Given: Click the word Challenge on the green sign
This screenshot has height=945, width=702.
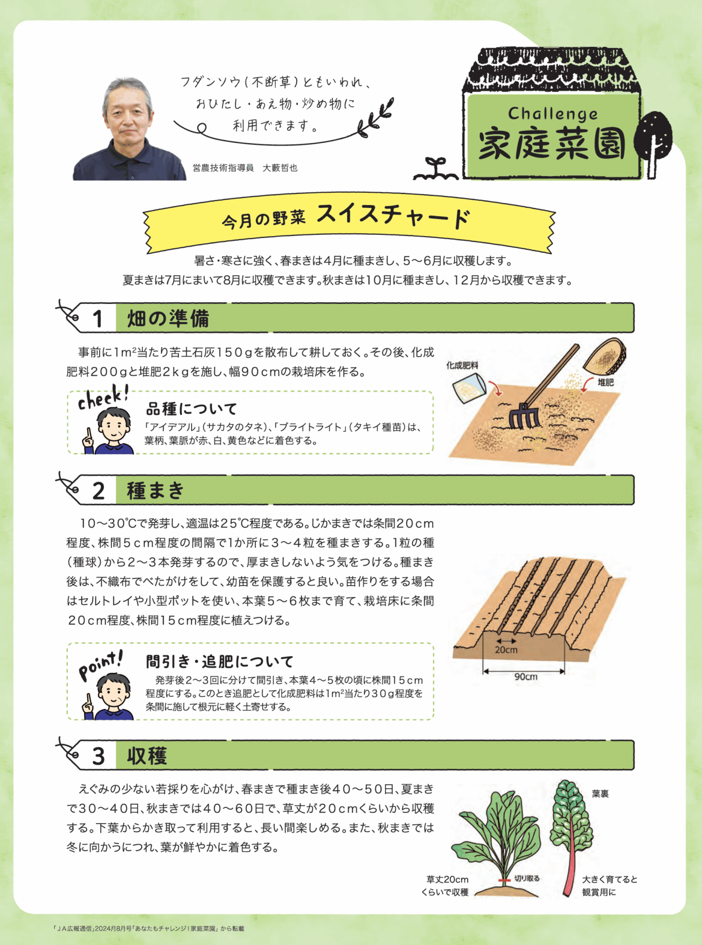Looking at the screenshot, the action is pos(553,114).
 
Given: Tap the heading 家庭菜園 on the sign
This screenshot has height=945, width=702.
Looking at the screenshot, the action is pos(552,144).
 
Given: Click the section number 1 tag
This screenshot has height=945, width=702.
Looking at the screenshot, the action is pos(98,318).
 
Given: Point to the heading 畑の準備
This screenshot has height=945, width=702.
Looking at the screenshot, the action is pos(168,318).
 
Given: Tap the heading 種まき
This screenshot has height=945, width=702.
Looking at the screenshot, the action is pos(156,490).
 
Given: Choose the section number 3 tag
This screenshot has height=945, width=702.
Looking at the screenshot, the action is pos(98,756).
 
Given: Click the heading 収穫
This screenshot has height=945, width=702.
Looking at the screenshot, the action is pos(147,756).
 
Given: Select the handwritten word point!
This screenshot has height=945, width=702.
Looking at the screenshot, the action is pos(101,664).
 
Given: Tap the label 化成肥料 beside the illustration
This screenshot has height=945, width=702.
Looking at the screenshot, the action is pos(462,365).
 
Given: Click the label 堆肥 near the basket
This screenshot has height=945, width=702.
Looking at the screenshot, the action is pos(606,382).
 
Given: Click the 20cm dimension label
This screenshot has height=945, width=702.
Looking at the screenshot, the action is pos(506,650).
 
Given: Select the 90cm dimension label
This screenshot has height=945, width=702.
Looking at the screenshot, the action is pos(525,677).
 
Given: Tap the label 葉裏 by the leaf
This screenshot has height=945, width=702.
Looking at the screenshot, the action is pos(600,794).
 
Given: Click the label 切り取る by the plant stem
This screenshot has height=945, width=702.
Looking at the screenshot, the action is pos(526,878).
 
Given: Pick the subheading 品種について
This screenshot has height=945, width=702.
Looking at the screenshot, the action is pos(191,409).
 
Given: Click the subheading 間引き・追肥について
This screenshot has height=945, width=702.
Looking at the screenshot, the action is pos(220,661).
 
